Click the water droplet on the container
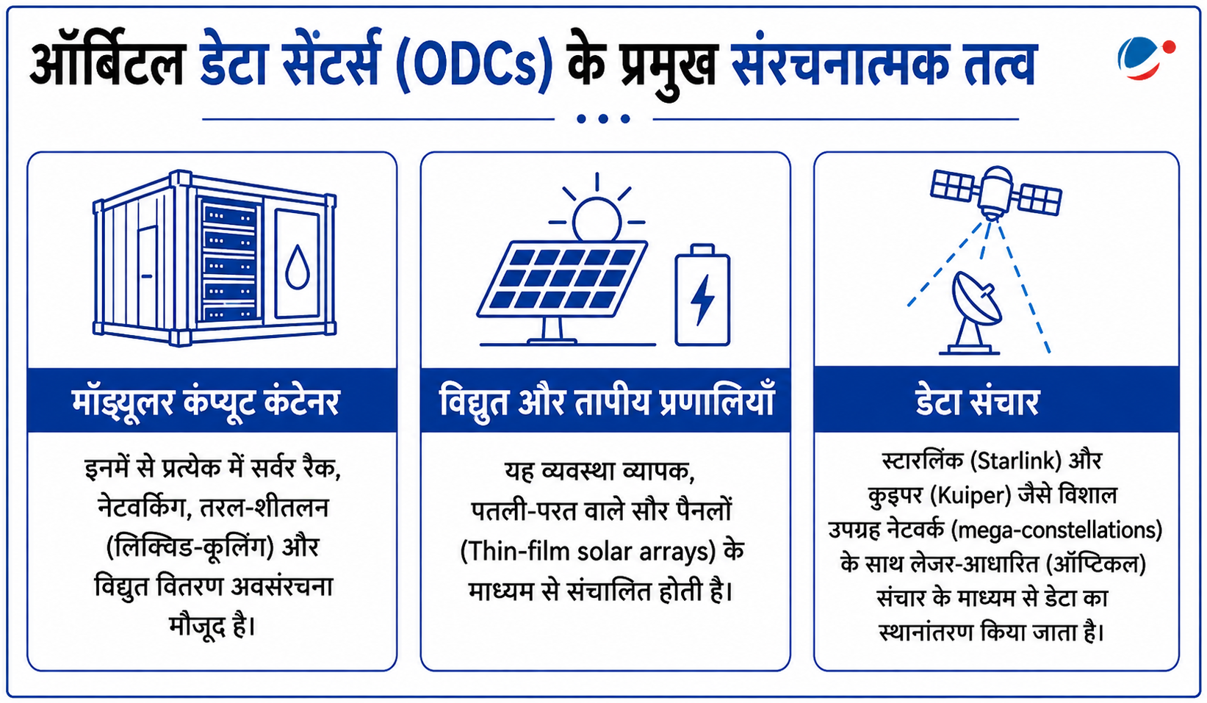tap(297, 267)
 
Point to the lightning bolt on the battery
tap(702, 300)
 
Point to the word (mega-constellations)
tap(1056, 530)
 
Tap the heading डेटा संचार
tap(977, 401)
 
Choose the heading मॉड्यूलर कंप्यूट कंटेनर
tap(205, 401)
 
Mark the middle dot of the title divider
tap(603, 118)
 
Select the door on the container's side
tap(147, 275)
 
